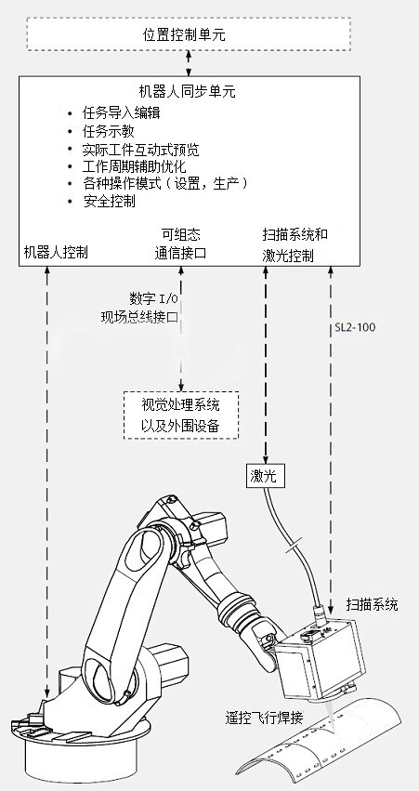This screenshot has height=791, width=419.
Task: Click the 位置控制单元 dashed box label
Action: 184,34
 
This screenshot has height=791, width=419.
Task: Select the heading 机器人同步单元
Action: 188,91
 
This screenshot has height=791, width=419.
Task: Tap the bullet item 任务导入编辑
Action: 122,112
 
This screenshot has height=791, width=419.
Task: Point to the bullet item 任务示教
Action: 109,131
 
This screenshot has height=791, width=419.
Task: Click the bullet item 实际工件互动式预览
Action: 140,150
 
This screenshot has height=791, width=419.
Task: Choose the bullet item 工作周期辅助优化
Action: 134,166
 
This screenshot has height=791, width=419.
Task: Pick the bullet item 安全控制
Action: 109,202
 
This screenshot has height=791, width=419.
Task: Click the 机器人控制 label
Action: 56,252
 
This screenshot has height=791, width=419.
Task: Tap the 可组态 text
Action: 180,234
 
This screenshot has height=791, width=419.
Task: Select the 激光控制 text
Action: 288,256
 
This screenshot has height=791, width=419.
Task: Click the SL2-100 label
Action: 355,327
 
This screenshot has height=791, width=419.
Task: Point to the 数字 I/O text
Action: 153,298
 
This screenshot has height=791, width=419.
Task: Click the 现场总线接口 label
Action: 139,317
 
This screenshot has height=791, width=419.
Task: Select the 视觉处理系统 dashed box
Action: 181,415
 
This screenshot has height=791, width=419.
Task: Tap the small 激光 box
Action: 266,475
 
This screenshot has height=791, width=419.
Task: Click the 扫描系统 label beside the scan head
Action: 373,604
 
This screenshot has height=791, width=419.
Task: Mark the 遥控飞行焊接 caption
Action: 264,717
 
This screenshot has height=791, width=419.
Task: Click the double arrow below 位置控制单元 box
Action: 190,63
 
